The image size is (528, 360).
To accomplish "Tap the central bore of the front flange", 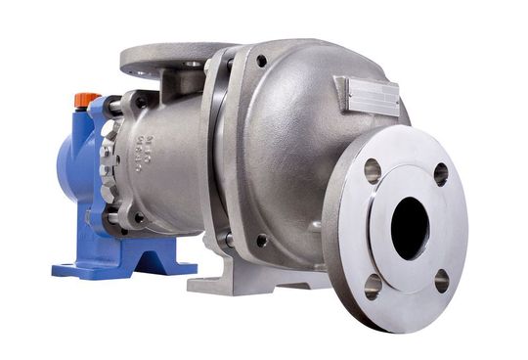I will [410, 228].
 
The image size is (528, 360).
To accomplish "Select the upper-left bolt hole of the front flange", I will [372, 171].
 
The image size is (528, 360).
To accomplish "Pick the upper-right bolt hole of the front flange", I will [441, 174].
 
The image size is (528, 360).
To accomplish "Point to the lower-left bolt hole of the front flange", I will [373, 286].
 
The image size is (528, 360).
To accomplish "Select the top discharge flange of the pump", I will [171, 58].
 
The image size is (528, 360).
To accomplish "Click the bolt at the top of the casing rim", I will [262, 61].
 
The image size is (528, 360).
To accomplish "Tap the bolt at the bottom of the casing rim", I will [261, 240].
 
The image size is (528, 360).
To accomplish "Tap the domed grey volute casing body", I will [284, 147].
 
